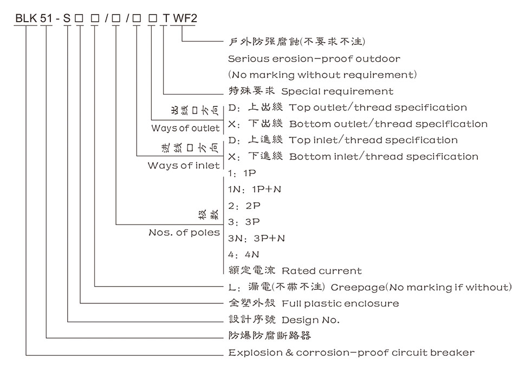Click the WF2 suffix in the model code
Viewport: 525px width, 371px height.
tap(185, 19)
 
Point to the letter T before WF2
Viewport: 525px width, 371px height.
tap(166, 19)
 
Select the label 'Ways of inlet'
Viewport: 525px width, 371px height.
tap(184, 165)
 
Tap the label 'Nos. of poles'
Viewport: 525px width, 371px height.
tap(184, 233)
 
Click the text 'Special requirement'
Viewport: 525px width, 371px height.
tap(337, 91)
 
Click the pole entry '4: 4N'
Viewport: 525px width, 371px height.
tap(244, 254)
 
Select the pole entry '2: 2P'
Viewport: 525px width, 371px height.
tap(244, 206)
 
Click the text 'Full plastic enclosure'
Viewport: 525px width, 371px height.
tap(340, 303)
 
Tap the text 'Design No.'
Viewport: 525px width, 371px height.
tap(310, 320)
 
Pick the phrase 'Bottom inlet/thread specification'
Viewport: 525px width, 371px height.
tap(384, 157)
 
